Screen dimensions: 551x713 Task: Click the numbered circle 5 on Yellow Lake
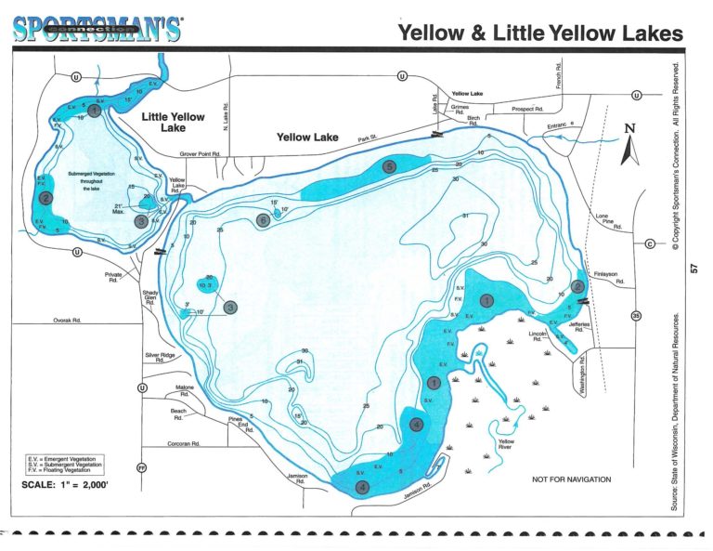(389, 166)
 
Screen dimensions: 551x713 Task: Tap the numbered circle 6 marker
(264, 220)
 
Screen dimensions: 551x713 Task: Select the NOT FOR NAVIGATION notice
(571, 479)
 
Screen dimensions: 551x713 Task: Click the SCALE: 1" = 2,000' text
(64, 484)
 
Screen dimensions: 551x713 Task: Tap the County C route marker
(649, 243)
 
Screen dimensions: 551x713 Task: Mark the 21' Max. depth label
(118, 209)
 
